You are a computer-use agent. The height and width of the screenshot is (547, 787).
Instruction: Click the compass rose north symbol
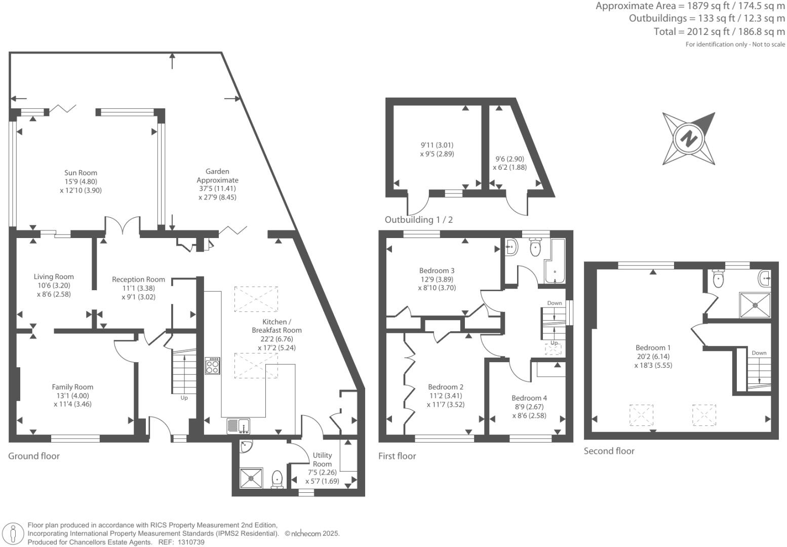pyautogui.click(x=689, y=138)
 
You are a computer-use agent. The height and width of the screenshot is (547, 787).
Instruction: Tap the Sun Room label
pyautogui.click(x=81, y=173)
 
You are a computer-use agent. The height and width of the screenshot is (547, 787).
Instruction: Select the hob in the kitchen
pyautogui.click(x=213, y=366)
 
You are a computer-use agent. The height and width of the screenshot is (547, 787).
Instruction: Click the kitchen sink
pyautogui.click(x=238, y=426)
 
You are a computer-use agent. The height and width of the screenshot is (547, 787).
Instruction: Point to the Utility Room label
pyautogui.click(x=322, y=459)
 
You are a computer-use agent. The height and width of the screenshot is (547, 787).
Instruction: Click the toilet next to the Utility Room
pyautogui.click(x=277, y=479)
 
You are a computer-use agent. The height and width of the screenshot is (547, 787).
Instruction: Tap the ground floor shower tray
pyautogui.click(x=251, y=477)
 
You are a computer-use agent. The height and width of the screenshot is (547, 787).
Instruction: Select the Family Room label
pyautogui.click(x=72, y=387)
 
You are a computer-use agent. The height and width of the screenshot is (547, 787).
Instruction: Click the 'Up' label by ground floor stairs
pyautogui.click(x=184, y=398)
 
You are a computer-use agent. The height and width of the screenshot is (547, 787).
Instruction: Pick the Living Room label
pyautogui.click(x=54, y=277)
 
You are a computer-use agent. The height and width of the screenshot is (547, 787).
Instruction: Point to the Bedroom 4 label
pyautogui.click(x=529, y=398)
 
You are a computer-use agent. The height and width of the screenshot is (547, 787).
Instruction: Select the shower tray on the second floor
pyautogui.click(x=755, y=305)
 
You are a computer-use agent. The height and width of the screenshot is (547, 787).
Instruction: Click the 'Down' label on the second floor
pyautogui.click(x=759, y=353)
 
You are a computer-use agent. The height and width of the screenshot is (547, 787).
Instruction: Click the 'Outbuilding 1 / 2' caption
pyautogui.click(x=419, y=220)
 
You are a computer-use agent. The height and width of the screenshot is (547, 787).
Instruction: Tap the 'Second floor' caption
pyautogui.click(x=609, y=451)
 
